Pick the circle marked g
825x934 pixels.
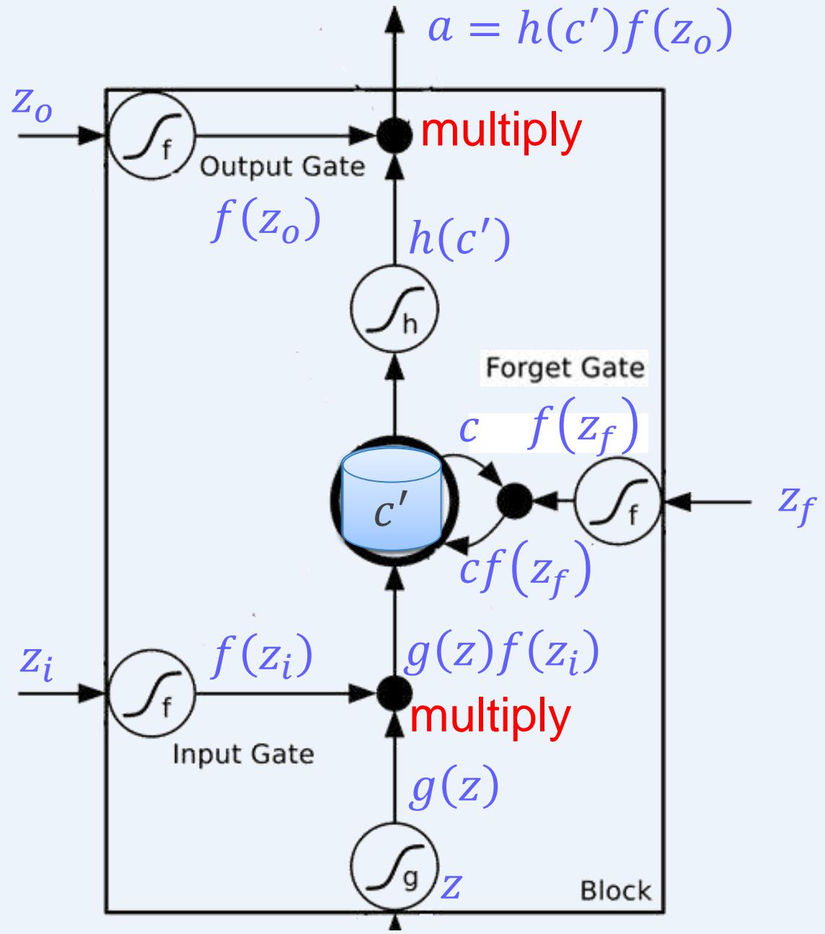394,865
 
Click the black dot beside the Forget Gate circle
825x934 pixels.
516,499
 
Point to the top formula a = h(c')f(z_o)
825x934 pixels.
580,32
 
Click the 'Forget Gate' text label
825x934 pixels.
564,369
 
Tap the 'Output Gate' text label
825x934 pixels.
282,167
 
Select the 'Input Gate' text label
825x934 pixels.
243,754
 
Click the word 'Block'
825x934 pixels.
615,891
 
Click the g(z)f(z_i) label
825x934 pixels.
500,654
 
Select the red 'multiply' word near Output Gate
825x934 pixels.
500,132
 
